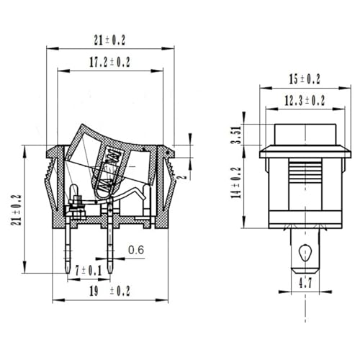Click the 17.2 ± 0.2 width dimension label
pyautogui.click(x=109, y=62)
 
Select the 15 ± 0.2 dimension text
pyautogui.click(x=305, y=79)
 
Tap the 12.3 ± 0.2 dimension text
pyautogui.click(x=305, y=100)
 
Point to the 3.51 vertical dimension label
pyautogui.click(x=237, y=135)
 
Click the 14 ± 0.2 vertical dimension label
pyautogui.click(x=236, y=182)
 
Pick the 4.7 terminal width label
pyautogui.click(x=305, y=283)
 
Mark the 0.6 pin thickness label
pyautogui.click(x=136, y=250)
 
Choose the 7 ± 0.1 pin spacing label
pyautogui.click(x=89, y=271)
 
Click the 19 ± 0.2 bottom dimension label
pyautogui.click(x=109, y=291)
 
